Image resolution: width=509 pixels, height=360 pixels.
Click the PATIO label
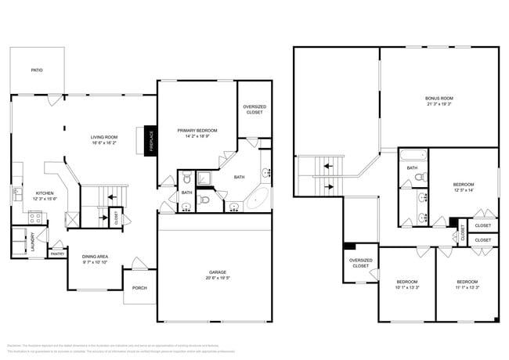37,70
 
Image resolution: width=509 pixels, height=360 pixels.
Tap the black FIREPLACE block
151,140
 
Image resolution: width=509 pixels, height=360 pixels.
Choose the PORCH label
139,287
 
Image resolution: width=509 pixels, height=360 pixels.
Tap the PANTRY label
56,254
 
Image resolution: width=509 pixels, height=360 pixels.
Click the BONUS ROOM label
439,99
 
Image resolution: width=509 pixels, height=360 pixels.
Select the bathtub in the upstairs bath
413,155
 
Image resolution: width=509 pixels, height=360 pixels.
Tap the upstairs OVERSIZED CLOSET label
360,263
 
